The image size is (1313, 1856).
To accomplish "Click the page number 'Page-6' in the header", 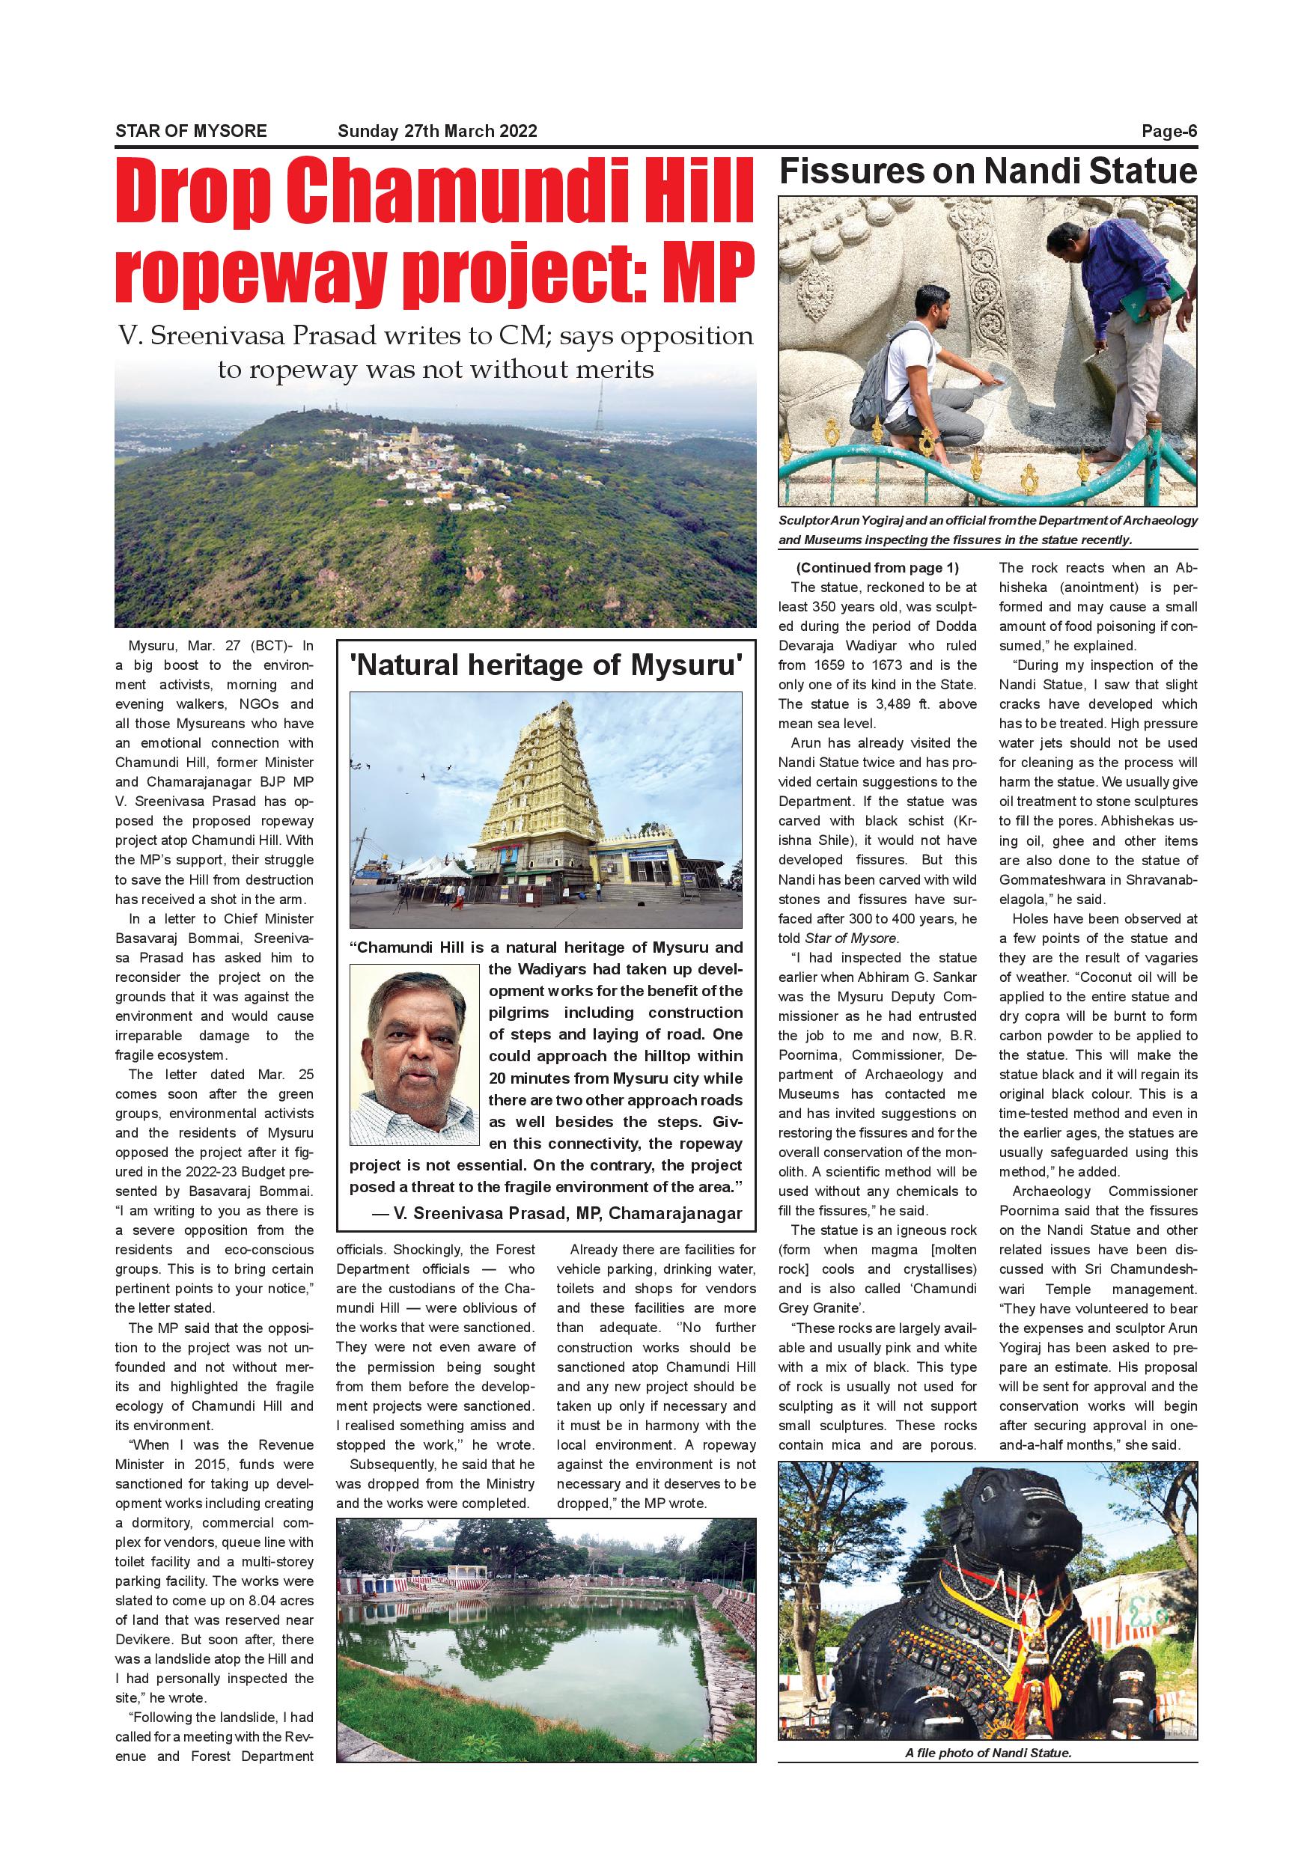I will click(1169, 131).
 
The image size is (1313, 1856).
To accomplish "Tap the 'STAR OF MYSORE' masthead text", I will click(191, 131).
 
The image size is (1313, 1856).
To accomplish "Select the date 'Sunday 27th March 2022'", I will click(436, 131).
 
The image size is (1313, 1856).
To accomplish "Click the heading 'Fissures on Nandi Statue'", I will click(987, 171).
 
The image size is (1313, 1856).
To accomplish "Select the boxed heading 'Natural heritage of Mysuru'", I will click(546, 665).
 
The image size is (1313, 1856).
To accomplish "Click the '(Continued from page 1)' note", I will click(877, 567).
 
